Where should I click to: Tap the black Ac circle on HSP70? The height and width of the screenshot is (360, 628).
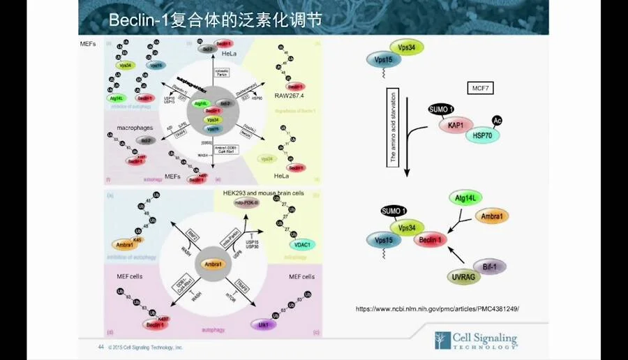tap(498, 121)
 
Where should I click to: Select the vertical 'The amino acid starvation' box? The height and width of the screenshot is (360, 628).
tap(392, 125)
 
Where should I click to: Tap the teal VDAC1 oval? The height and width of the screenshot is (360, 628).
tap(301, 244)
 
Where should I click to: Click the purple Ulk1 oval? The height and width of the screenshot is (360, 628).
tap(263, 324)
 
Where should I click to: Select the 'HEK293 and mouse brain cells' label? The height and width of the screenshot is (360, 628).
tap(259, 193)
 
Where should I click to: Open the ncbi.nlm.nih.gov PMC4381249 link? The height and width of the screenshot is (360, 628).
tap(438, 308)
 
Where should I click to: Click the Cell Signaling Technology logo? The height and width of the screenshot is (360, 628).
tap(476, 340)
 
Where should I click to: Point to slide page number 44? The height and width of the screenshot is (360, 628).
tap(100, 347)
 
